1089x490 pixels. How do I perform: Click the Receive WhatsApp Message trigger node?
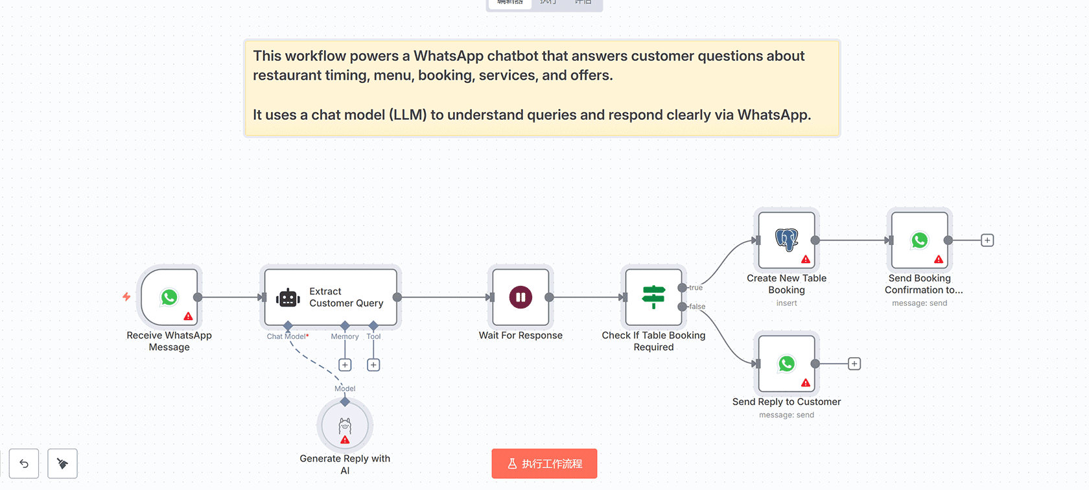(x=169, y=297)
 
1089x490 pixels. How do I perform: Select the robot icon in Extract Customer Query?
(x=288, y=298)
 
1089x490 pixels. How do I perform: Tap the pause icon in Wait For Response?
(x=521, y=297)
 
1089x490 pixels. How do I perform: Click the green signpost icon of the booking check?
(x=653, y=297)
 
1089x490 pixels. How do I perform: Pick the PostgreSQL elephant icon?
(x=786, y=240)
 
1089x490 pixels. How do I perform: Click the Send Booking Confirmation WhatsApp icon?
(x=919, y=240)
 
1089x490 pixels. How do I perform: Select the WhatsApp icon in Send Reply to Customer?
(x=786, y=364)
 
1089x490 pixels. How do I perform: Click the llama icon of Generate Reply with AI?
(x=345, y=426)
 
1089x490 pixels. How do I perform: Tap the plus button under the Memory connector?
(x=345, y=365)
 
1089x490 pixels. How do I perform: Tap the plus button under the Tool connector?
(x=373, y=365)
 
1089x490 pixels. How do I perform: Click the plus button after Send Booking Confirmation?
(x=987, y=240)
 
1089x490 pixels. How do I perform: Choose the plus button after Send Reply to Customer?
(x=854, y=364)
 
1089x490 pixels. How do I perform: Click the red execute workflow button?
(x=544, y=463)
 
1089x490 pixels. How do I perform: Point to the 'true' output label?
(x=696, y=288)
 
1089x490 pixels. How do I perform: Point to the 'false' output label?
(x=697, y=307)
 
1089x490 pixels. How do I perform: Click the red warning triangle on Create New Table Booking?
(x=806, y=259)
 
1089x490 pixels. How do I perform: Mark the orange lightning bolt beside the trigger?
(x=126, y=297)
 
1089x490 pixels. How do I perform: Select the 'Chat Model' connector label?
(x=287, y=336)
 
